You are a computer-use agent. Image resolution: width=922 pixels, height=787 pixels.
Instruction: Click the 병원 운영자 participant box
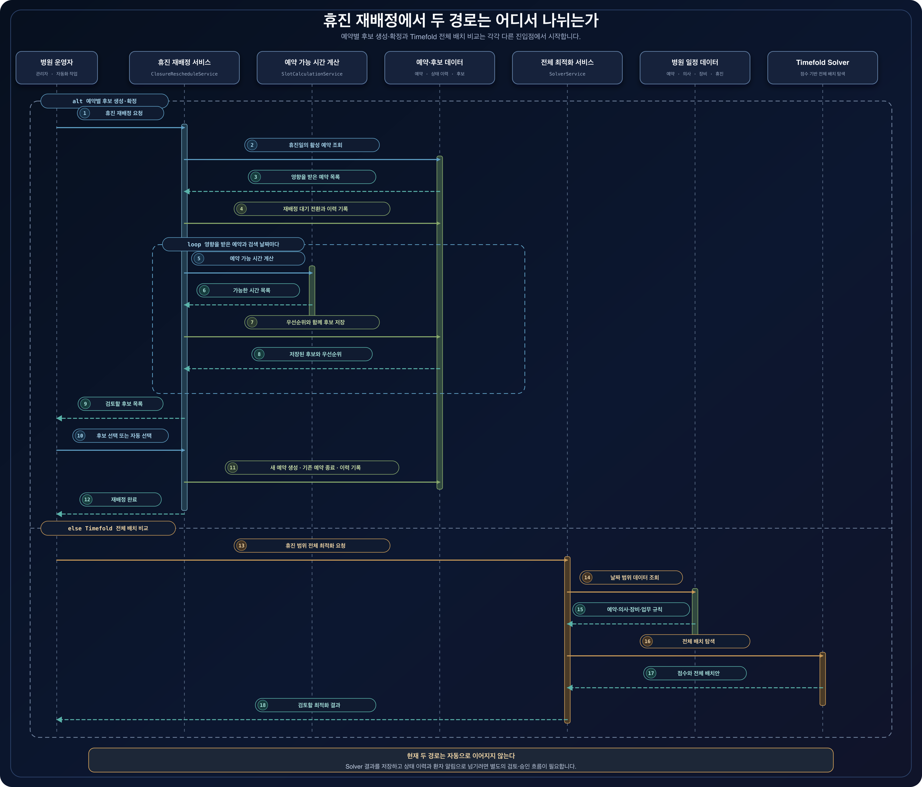coord(57,68)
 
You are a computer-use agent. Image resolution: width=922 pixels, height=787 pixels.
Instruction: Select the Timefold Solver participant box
coord(822,68)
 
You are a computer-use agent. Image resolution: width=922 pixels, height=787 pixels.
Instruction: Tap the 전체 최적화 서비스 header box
coord(567,68)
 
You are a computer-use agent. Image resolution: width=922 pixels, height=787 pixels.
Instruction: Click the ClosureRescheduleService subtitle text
coord(184,74)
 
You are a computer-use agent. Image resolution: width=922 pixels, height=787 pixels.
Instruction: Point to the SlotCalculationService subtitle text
coord(312,74)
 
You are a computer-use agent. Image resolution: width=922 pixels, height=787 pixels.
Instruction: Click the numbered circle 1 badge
coord(85,113)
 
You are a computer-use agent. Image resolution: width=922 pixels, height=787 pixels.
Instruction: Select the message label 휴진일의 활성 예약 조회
coord(315,145)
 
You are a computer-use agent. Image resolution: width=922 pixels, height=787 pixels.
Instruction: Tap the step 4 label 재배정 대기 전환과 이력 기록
coord(315,209)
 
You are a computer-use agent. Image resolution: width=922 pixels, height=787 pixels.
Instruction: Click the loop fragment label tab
coord(233,244)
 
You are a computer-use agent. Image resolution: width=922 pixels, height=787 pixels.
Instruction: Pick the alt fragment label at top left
coord(105,101)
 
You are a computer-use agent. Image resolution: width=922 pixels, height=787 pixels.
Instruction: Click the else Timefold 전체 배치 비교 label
coord(108,528)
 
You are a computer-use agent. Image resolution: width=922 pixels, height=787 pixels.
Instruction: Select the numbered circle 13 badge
coord(241,545)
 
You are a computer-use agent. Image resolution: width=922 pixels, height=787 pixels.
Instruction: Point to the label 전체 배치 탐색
coord(699,641)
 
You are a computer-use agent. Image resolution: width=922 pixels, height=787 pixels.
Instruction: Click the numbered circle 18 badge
coord(263,705)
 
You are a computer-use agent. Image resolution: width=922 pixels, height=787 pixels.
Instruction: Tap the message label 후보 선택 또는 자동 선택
coord(124,436)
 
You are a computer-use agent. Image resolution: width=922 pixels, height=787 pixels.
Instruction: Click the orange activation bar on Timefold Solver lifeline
coord(822,679)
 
